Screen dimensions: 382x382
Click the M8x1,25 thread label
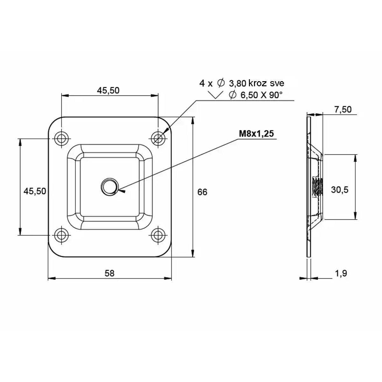pos(256,134)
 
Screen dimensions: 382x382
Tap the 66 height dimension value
pos(202,192)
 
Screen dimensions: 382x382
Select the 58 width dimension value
pos(110,273)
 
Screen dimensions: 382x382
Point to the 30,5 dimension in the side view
pos(340,190)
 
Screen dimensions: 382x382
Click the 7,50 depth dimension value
pos(343,110)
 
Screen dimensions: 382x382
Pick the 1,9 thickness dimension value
pos(341,273)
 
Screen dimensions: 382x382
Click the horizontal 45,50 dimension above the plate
pos(108,91)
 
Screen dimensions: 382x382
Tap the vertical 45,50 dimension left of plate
pos(35,191)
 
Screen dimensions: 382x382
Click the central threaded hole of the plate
pos(110,187)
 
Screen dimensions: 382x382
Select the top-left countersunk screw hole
pos(61,138)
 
